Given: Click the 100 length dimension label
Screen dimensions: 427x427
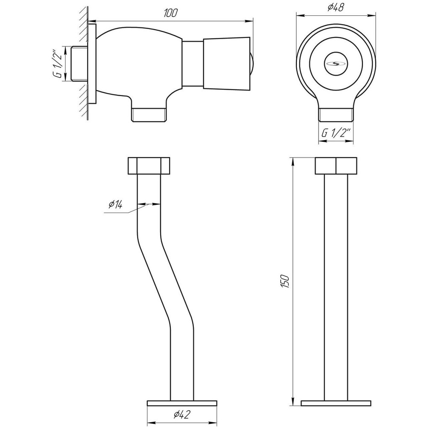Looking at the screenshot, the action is tap(170, 13).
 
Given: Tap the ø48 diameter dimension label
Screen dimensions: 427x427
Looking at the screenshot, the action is tap(336, 7).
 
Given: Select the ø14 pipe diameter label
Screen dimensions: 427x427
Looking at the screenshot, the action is tap(115, 204).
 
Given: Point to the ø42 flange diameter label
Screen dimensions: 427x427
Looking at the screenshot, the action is tap(181, 415).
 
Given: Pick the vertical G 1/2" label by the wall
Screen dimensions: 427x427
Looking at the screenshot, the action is tap(59, 63).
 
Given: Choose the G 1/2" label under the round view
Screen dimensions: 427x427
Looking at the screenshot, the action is tap(336, 133).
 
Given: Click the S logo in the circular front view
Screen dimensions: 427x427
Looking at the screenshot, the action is tap(336, 64).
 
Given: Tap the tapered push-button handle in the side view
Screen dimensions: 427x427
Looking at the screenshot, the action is tap(227, 64).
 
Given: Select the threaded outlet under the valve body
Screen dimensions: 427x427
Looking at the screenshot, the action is tap(149, 114).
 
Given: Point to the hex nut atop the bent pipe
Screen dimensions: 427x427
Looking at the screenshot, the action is tap(149, 166).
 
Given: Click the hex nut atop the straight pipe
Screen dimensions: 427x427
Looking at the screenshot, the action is tap(336, 166).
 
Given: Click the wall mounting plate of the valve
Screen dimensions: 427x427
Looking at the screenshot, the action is tap(92, 64).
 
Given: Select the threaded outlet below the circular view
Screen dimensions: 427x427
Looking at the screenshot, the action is tap(336, 114).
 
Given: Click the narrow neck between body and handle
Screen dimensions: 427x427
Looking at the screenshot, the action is tap(193, 64).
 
